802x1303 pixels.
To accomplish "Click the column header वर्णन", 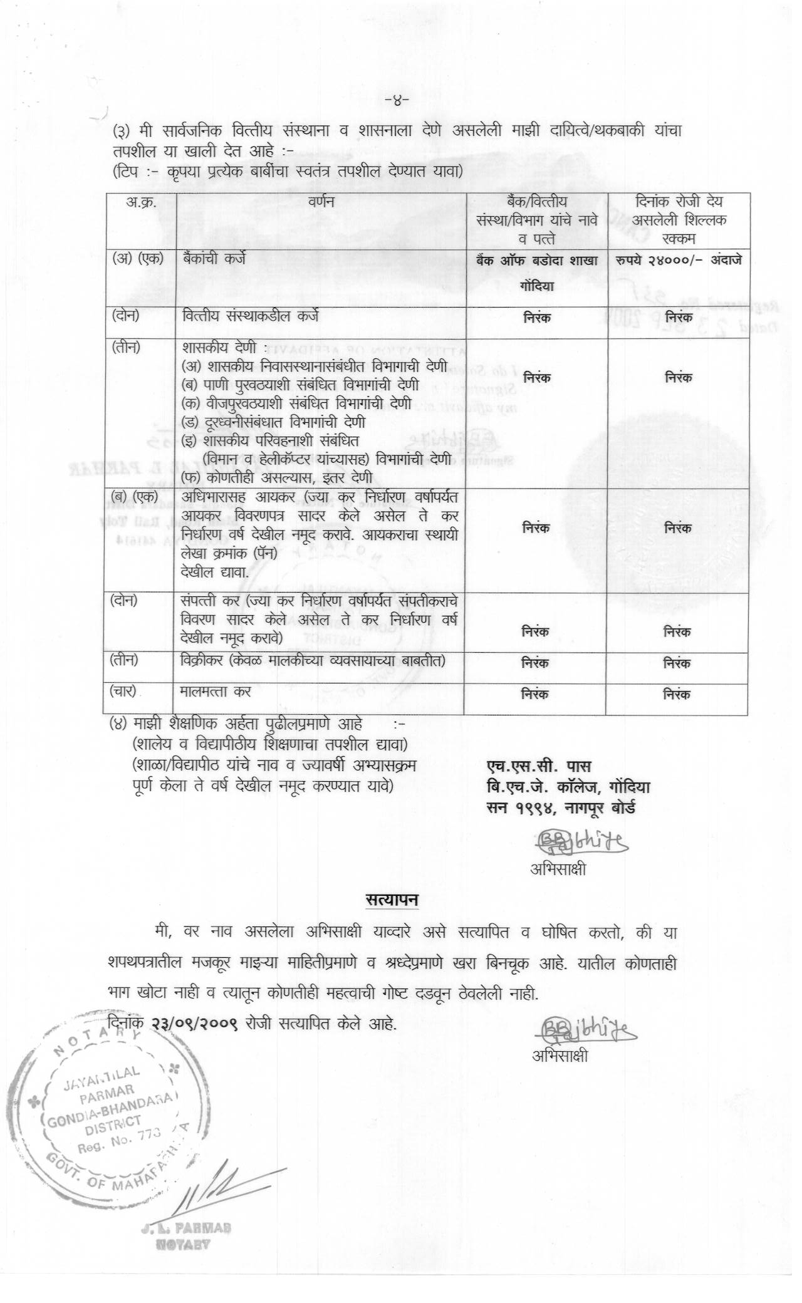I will pos(321,203).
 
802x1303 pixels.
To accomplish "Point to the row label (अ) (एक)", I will pos(137,258).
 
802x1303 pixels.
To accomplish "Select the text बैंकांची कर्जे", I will pos(215,258).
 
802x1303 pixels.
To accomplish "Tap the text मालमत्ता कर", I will pos(216,692).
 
